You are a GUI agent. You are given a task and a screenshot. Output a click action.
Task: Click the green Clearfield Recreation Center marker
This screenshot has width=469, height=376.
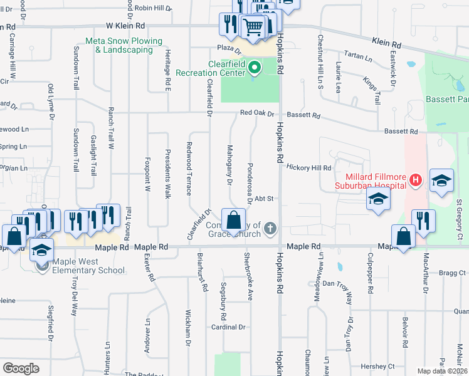pos(255,67)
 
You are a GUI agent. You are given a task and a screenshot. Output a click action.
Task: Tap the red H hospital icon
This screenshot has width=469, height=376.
pos(414,181)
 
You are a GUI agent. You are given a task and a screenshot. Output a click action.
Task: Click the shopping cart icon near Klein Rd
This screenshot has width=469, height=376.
pos(252,26)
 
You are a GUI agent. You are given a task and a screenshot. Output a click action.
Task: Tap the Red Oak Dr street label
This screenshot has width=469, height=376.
pos(257,113)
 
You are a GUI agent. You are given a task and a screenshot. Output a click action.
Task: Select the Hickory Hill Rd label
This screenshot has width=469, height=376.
pos(308,168)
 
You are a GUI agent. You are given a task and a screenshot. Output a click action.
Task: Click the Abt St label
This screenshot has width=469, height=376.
pos(264,199)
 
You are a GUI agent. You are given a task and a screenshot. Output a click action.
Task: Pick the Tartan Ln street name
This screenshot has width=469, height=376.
pos(358,56)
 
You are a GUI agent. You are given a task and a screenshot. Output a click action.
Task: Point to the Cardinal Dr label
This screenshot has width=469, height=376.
pos(228,327)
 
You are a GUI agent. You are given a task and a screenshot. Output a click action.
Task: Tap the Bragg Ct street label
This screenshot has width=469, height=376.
pos(453,273)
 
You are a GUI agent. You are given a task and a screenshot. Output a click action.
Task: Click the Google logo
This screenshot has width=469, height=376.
pos(21,368)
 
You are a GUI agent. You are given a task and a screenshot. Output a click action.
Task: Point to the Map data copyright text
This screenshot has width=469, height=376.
pos(442,371)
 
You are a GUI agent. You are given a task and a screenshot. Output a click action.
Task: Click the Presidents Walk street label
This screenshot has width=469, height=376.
pos(168,174)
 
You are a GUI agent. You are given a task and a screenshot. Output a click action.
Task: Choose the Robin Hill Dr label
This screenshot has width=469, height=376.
pos(153,8)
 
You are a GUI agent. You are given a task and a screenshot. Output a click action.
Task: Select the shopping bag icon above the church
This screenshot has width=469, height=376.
pos(233,221)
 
